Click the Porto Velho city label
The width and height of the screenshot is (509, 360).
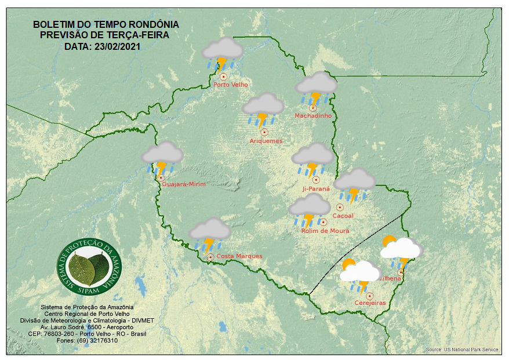(231, 85)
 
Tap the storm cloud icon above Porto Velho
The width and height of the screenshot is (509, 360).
(222, 53)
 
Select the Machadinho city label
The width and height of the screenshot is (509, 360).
(313, 116)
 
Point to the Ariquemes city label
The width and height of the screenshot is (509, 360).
(266, 141)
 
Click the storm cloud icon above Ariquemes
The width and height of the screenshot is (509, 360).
(263, 109)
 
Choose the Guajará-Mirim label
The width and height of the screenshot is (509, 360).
(184, 184)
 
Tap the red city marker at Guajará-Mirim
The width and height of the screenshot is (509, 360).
(161, 179)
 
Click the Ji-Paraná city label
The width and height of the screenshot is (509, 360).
(316, 189)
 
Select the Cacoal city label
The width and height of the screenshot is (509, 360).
(343, 216)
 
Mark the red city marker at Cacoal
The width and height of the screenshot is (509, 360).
(340, 207)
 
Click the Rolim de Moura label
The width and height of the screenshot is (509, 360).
(325, 231)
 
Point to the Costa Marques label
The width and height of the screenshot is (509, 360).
(239, 256)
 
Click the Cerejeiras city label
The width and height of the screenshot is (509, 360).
(370, 303)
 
